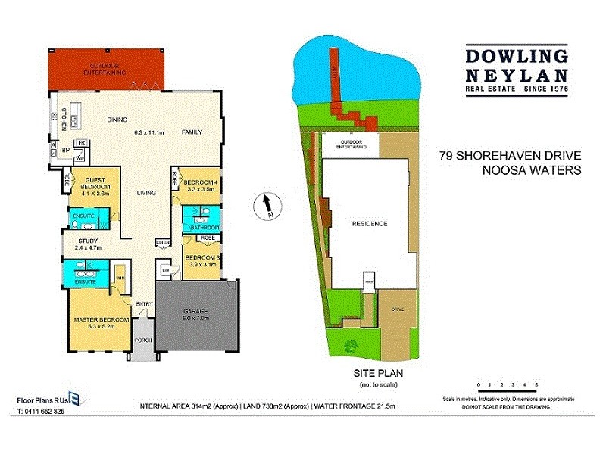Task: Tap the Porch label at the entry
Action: (143, 340)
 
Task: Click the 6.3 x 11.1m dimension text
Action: (149, 132)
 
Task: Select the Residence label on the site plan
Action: (370, 224)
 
